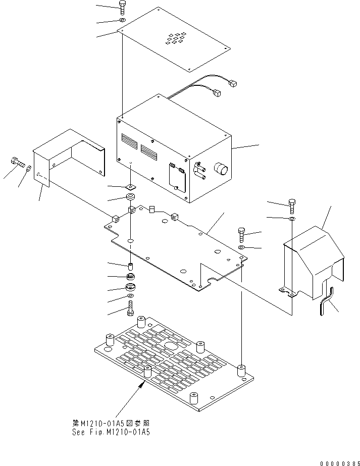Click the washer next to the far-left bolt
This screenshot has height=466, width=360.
point(29,168)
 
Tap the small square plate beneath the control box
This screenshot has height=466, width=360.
point(130,187)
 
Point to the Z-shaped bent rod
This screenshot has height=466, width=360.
point(326,303)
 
